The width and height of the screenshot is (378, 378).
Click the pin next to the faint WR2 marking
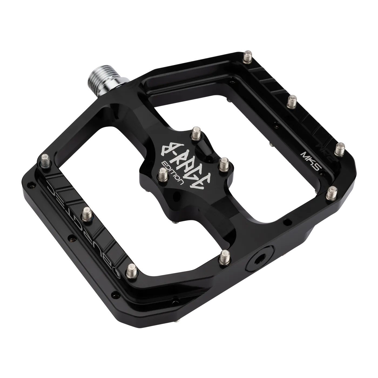click(340, 149)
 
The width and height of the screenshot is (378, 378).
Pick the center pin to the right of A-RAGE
click(224, 164)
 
